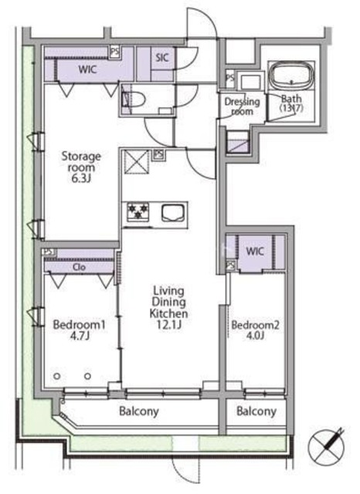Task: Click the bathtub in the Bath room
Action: click(291, 76)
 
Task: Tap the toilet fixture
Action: click(134, 100)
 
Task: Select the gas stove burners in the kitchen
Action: click(138, 211)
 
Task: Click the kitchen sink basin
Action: click(173, 212)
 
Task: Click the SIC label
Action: click(162, 58)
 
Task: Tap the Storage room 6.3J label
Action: click(81, 167)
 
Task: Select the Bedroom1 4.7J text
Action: click(79, 330)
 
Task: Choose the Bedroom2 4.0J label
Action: click(255, 330)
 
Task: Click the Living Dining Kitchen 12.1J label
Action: click(168, 307)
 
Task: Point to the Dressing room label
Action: click(242, 107)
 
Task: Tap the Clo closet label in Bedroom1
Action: click(79, 267)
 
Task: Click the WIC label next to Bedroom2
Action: click(255, 251)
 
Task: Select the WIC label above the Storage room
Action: click(87, 69)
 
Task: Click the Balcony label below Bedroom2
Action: click(256, 411)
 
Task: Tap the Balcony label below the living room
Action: click(139, 411)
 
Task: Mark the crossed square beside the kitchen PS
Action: click(138, 162)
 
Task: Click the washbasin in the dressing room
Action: click(251, 82)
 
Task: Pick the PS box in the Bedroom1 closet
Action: click(49, 252)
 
